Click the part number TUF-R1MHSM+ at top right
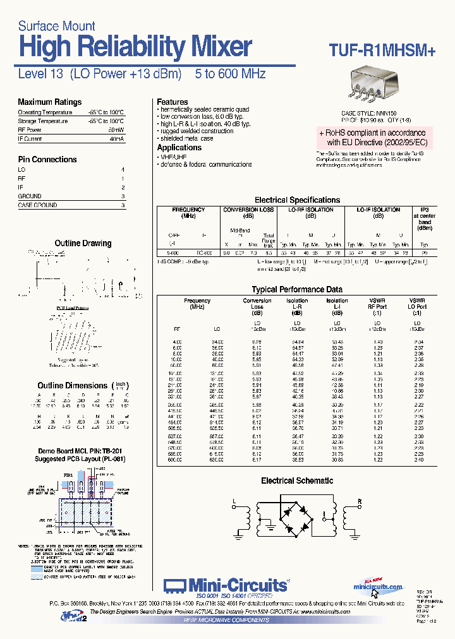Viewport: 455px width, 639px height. point(382,52)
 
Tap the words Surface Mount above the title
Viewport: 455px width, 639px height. point(56,26)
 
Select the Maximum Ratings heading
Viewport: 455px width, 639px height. point(49,102)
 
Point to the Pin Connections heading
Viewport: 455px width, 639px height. point(47,160)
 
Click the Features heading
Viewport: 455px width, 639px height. point(173,102)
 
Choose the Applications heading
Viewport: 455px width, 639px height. point(179,147)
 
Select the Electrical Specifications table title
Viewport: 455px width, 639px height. point(297,200)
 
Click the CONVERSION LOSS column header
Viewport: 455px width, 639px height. point(248,210)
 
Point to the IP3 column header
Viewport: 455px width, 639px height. point(424,210)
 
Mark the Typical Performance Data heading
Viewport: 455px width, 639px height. point(297,290)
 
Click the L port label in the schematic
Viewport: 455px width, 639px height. point(234,503)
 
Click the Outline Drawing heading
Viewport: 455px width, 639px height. point(83,243)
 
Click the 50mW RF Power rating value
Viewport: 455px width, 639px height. point(116,129)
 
